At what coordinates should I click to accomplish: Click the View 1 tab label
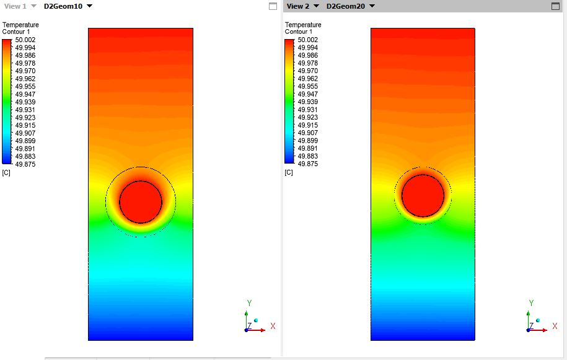15,6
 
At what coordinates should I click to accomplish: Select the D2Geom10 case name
63,6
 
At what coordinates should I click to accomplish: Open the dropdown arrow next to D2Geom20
372,6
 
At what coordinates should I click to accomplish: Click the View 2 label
298,6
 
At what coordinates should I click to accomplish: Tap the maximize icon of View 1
273,6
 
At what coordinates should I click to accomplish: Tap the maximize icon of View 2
555,6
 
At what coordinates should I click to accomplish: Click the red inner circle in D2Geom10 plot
141,201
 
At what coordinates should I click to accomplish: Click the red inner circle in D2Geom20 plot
423,195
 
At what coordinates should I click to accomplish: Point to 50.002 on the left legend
25,40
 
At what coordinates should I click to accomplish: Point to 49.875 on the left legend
25,164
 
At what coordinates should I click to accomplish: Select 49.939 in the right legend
308,102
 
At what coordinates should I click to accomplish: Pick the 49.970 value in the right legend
308,71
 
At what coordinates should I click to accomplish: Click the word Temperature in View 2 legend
303,25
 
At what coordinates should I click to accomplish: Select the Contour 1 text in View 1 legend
17,32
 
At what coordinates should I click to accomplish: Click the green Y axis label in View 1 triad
249,303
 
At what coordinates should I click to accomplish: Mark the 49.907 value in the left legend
25,133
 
